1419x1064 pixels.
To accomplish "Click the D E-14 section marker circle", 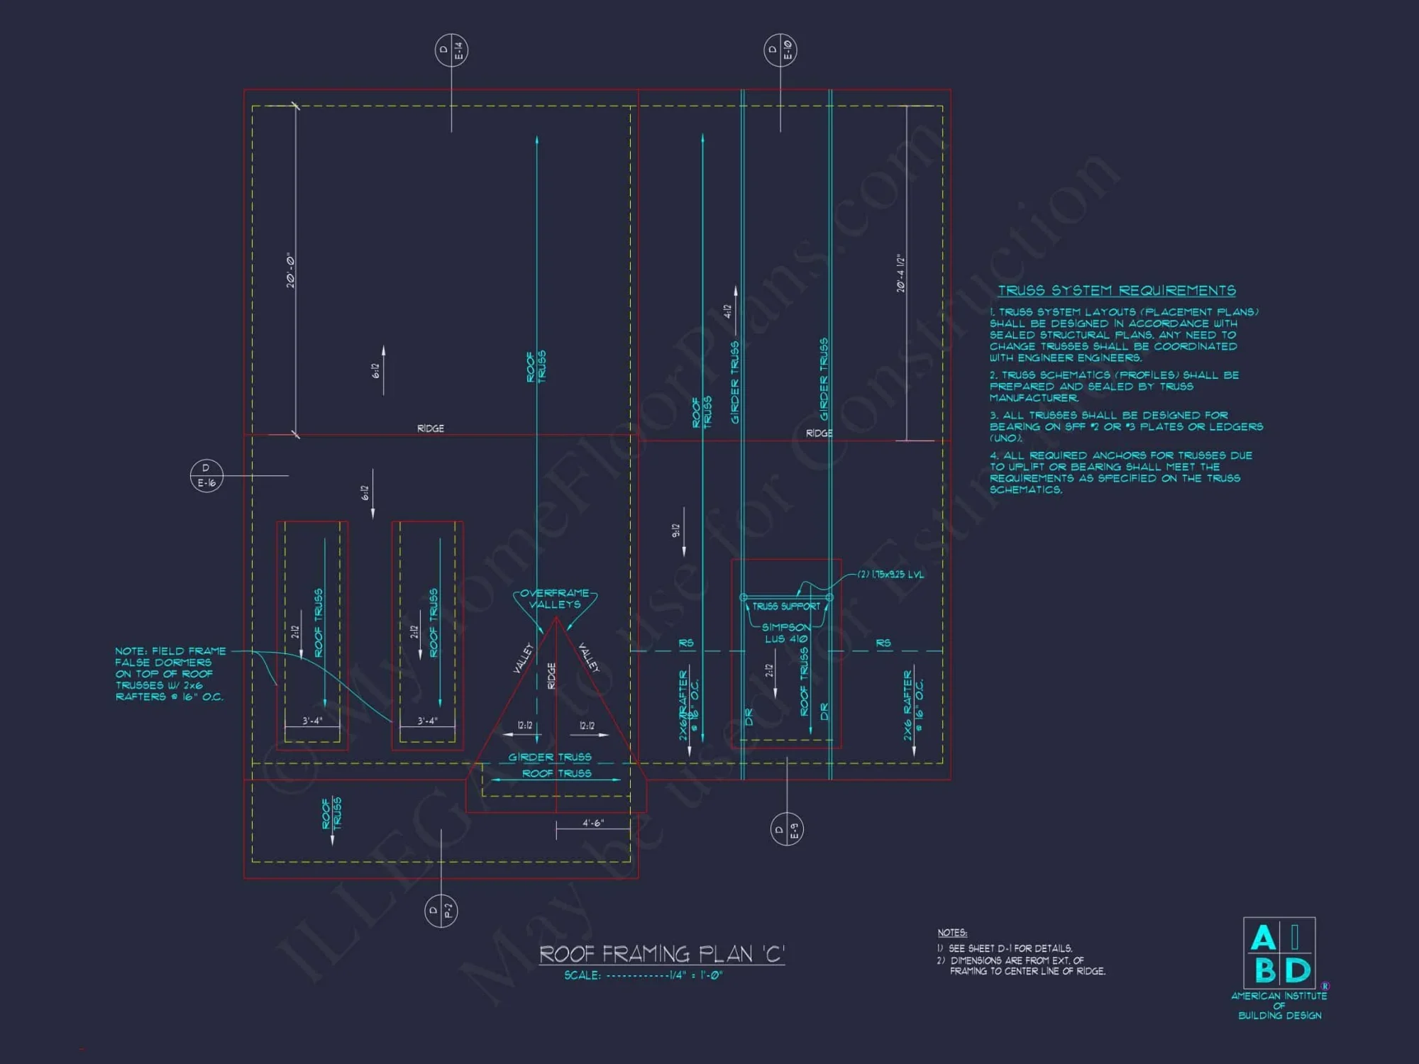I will (451, 50).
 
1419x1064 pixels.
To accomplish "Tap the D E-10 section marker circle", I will (780, 50).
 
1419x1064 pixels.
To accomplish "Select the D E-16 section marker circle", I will (206, 475).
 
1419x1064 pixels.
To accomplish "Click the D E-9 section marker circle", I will (787, 829).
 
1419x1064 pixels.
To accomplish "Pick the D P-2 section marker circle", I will (441, 911).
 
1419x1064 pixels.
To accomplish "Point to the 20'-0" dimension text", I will (291, 270).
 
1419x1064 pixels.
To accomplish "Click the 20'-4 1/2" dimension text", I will (901, 274).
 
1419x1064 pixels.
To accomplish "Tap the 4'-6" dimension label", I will (592, 823).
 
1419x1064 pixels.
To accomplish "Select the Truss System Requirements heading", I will (1117, 290).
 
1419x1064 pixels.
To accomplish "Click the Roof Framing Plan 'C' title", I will (662, 954).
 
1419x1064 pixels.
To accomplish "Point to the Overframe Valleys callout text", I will (555, 599).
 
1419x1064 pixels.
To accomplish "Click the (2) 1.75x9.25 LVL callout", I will (890, 575).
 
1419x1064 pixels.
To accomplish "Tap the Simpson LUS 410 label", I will (786, 633).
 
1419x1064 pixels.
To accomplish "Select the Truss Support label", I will (786, 606).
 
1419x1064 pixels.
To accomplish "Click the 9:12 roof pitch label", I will (676, 531).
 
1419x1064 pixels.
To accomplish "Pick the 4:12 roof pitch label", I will (727, 311).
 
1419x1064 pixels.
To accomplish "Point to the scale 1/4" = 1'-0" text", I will (644, 975).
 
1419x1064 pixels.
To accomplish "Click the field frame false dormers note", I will (170, 674).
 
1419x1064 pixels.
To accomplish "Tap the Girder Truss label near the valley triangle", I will (550, 758).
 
